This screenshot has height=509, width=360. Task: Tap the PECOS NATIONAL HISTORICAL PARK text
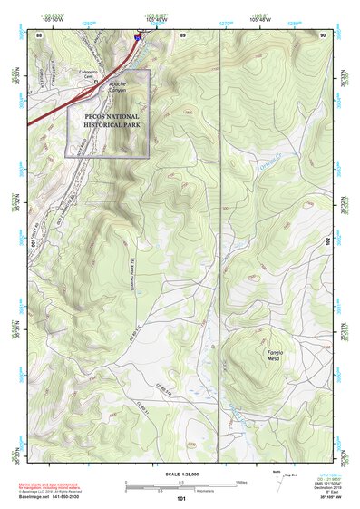pyautogui.click(x=108, y=122)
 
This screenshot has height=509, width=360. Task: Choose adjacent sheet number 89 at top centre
pyautogui.click(x=182, y=34)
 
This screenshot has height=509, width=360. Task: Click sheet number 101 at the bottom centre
pyautogui.click(x=181, y=497)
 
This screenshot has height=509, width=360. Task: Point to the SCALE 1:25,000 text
pyautogui.click(x=182, y=474)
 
